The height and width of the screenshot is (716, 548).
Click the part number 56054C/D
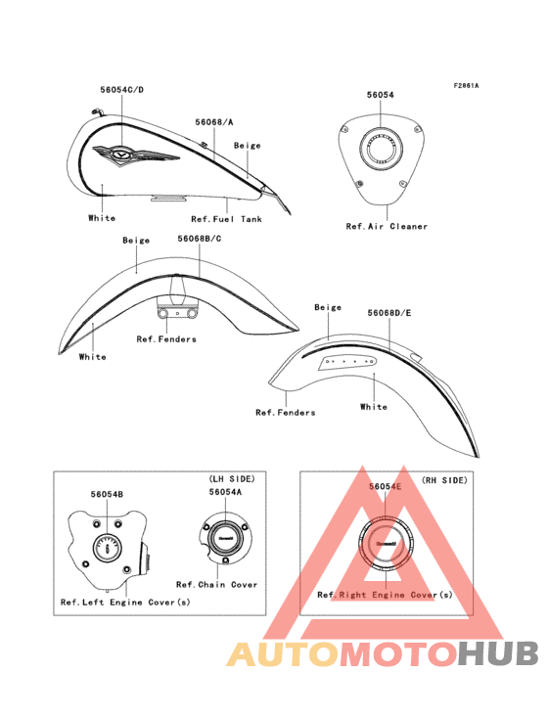pyautogui.click(x=122, y=90)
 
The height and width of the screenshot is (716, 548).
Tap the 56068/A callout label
pyautogui.click(x=214, y=122)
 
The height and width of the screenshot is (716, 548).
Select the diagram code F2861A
pyautogui.click(x=466, y=85)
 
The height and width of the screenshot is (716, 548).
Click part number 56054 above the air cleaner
pyautogui.click(x=381, y=95)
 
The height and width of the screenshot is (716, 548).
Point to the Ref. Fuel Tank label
pyautogui.click(x=226, y=219)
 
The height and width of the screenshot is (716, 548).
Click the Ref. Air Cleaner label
pyautogui.click(x=387, y=226)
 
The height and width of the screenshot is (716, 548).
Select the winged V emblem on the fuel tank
pyautogui.click(x=136, y=156)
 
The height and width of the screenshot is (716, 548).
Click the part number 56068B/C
pyautogui.click(x=200, y=239)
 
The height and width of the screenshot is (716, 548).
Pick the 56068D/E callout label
pyautogui.click(x=389, y=313)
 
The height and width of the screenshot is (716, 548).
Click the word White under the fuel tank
pyautogui.click(x=102, y=218)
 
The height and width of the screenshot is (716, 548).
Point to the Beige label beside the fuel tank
pyautogui.click(x=247, y=145)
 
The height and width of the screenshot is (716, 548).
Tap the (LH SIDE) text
pyautogui.click(x=232, y=479)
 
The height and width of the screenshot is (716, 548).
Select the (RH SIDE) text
pyautogui.click(x=444, y=480)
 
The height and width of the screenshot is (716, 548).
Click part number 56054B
pyautogui.click(x=107, y=494)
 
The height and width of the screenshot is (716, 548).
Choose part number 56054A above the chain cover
pyautogui.click(x=226, y=492)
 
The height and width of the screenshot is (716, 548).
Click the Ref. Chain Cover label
pyautogui.click(x=217, y=585)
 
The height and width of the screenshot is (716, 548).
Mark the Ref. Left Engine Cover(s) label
pyautogui.click(x=125, y=603)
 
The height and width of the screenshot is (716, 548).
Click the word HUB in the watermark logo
pyautogui.click(x=499, y=653)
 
